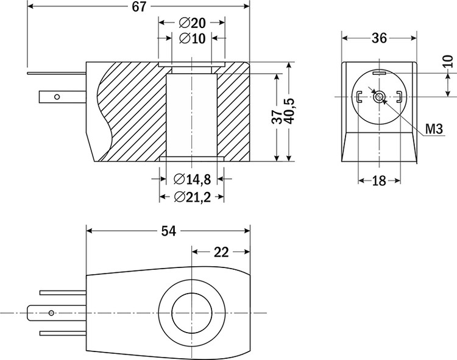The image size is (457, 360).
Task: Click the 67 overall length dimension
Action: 140,7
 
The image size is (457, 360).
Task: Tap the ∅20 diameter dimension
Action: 192,23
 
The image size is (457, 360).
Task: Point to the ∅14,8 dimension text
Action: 192,179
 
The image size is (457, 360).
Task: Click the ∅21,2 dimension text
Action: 192,197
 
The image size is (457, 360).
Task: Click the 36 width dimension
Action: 380,38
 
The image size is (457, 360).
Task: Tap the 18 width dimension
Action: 379,180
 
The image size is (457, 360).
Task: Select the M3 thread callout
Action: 433,128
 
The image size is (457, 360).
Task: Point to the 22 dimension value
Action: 221,252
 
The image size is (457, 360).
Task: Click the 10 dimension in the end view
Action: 448,61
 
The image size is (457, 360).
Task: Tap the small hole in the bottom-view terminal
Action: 51,313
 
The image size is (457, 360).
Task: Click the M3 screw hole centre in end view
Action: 380,96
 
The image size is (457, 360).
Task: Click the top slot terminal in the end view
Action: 380,73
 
